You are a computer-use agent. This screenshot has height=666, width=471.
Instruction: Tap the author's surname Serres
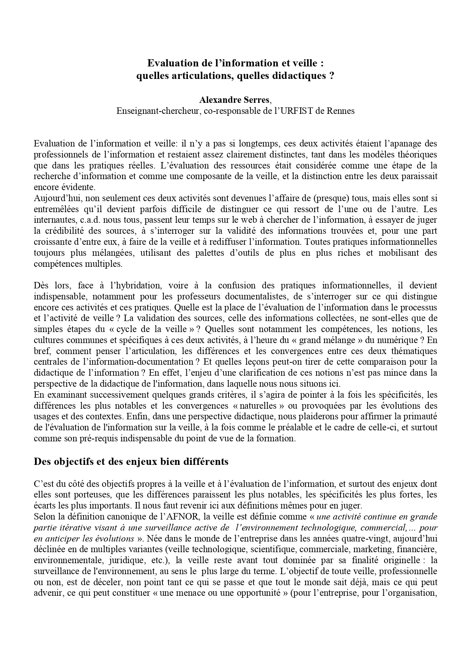click(256, 100)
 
